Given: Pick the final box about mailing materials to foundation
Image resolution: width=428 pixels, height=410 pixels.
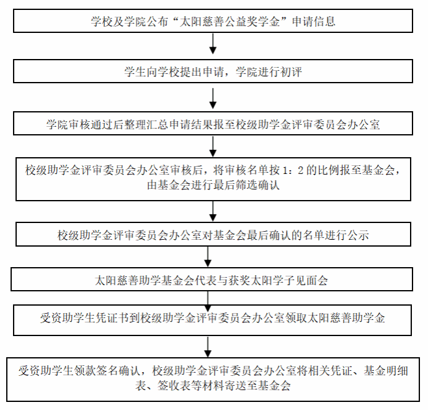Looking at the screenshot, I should point(214,378).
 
